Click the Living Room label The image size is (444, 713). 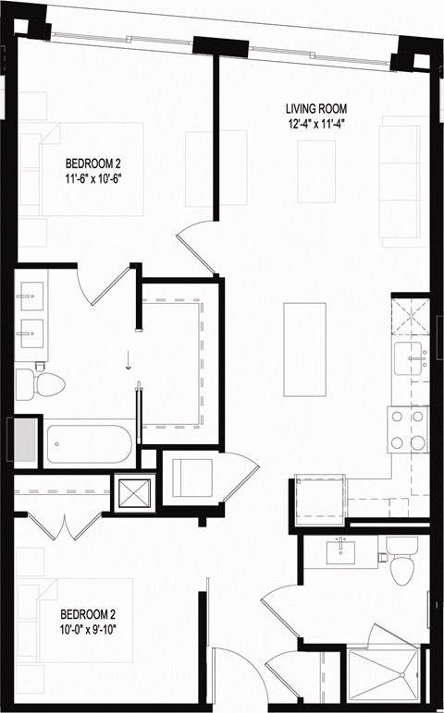coord(316,109)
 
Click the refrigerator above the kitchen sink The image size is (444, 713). coord(411,317)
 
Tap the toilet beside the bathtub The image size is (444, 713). coord(45,381)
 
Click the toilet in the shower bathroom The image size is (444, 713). coord(401,565)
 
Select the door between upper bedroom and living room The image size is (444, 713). coord(196,249)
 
